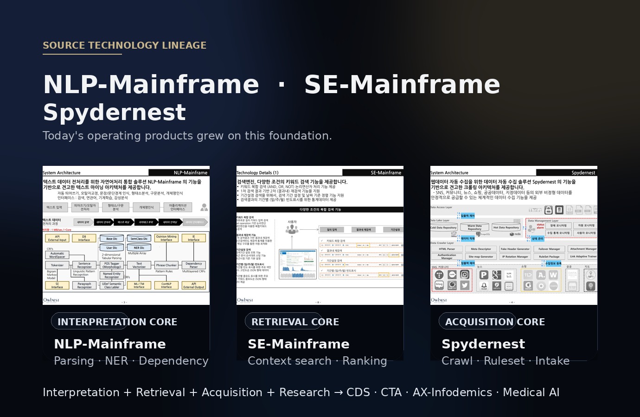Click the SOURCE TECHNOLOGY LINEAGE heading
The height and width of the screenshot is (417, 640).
click(124, 45)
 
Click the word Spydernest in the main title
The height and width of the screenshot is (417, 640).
click(114, 113)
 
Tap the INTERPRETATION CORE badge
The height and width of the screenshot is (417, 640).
click(117, 322)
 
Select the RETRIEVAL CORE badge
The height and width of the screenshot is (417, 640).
click(295, 322)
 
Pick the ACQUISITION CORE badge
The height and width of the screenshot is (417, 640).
click(495, 322)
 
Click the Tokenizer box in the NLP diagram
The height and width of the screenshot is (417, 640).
click(57, 265)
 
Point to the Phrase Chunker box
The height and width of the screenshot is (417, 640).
click(166, 265)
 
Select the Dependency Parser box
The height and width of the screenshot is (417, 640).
click(193, 265)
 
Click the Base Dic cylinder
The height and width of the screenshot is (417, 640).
click(112, 239)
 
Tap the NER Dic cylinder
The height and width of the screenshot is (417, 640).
click(139, 248)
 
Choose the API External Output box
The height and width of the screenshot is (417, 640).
click(193, 285)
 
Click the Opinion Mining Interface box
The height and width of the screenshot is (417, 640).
click(166, 238)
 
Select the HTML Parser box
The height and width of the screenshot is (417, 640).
click(447, 249)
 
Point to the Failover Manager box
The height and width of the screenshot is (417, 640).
click(549, 249)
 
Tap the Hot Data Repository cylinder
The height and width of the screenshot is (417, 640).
click(506, 227)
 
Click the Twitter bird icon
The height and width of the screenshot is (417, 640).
click(465, 285)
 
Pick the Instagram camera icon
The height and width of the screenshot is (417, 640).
click(465, 275)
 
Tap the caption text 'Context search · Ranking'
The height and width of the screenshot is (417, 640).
click(317, 361)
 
